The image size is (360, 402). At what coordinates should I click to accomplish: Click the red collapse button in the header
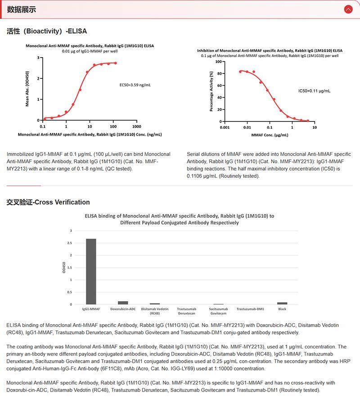(348, 9)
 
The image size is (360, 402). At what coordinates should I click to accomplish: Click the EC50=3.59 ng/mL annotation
(135, 84)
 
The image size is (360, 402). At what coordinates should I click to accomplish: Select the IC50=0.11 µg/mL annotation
(314, 91)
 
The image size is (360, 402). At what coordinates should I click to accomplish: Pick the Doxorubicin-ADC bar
(123, 303)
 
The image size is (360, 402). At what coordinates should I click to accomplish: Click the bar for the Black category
(282, 303)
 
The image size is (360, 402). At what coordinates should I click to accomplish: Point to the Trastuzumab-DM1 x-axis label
(250, 309)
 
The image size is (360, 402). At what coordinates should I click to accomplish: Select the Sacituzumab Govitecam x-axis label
(219, 311)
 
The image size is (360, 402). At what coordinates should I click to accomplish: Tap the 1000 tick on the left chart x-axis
(137, 126)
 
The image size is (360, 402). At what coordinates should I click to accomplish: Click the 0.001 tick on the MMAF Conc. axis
(225, 128)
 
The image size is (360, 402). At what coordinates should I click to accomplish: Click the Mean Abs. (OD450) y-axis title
(27, 89)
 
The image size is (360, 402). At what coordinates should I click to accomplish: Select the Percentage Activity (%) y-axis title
(211, 91)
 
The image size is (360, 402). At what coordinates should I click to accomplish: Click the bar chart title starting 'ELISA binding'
(180, 219)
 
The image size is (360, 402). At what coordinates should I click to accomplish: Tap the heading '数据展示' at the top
(21, 9)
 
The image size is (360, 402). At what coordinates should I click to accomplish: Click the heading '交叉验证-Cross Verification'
(48, 202)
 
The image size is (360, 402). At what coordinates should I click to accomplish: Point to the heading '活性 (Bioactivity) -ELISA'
(47, 32)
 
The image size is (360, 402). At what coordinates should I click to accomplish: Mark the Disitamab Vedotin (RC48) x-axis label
(155, 311)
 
